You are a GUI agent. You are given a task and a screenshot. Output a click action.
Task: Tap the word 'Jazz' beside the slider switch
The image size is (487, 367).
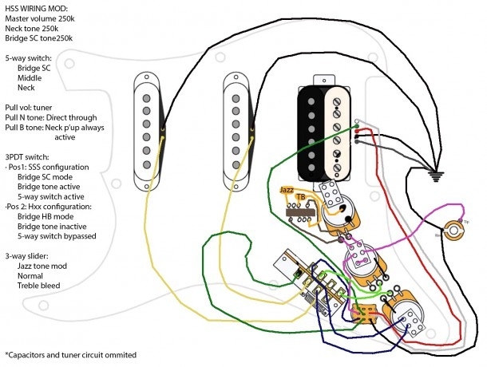tap(286, 189)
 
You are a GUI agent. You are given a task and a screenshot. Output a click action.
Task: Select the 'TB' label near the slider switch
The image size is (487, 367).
tap(299, 196)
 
